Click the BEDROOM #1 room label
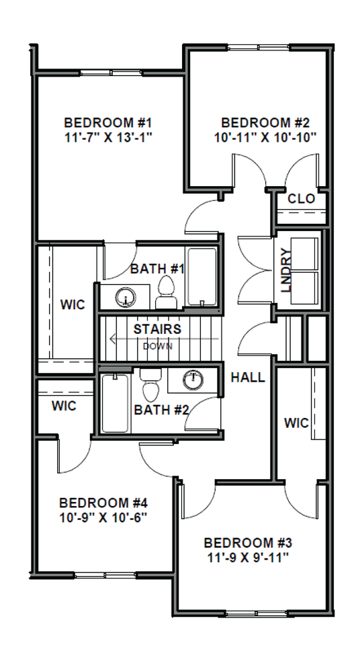click(108, 122)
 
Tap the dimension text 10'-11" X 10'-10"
click(265, 137)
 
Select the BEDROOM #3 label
click(248, 543)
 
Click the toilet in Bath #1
click(166, 292)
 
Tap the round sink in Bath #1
click(126, 296)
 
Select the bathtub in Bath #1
click(201, 276)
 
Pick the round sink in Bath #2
click(193, 380)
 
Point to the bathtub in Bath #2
click(115, 403)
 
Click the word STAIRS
click(157, 329)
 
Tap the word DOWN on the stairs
click(158, 347)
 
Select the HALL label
click(248, 378)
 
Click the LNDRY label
click(286, 270)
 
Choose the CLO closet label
click(301, 199)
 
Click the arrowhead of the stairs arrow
click(113, 339)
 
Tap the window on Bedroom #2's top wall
click(260, 47)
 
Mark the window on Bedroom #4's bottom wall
click(105, 575)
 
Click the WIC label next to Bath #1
click(73, 305)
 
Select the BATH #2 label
click(161, 410)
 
